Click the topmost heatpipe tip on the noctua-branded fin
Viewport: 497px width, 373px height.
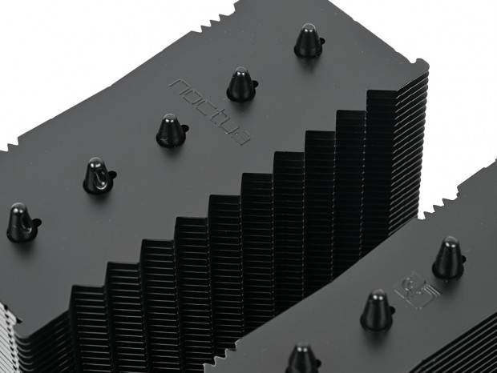point(308,41)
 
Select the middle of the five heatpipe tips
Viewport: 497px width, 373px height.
point(171,130)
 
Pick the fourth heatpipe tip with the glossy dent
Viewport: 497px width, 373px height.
point(98,176)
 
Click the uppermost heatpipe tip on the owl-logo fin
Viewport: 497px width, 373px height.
point(448,258)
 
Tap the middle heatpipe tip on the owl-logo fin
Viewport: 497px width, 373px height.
point(377,311)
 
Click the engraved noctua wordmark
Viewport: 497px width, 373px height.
point(210,112)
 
